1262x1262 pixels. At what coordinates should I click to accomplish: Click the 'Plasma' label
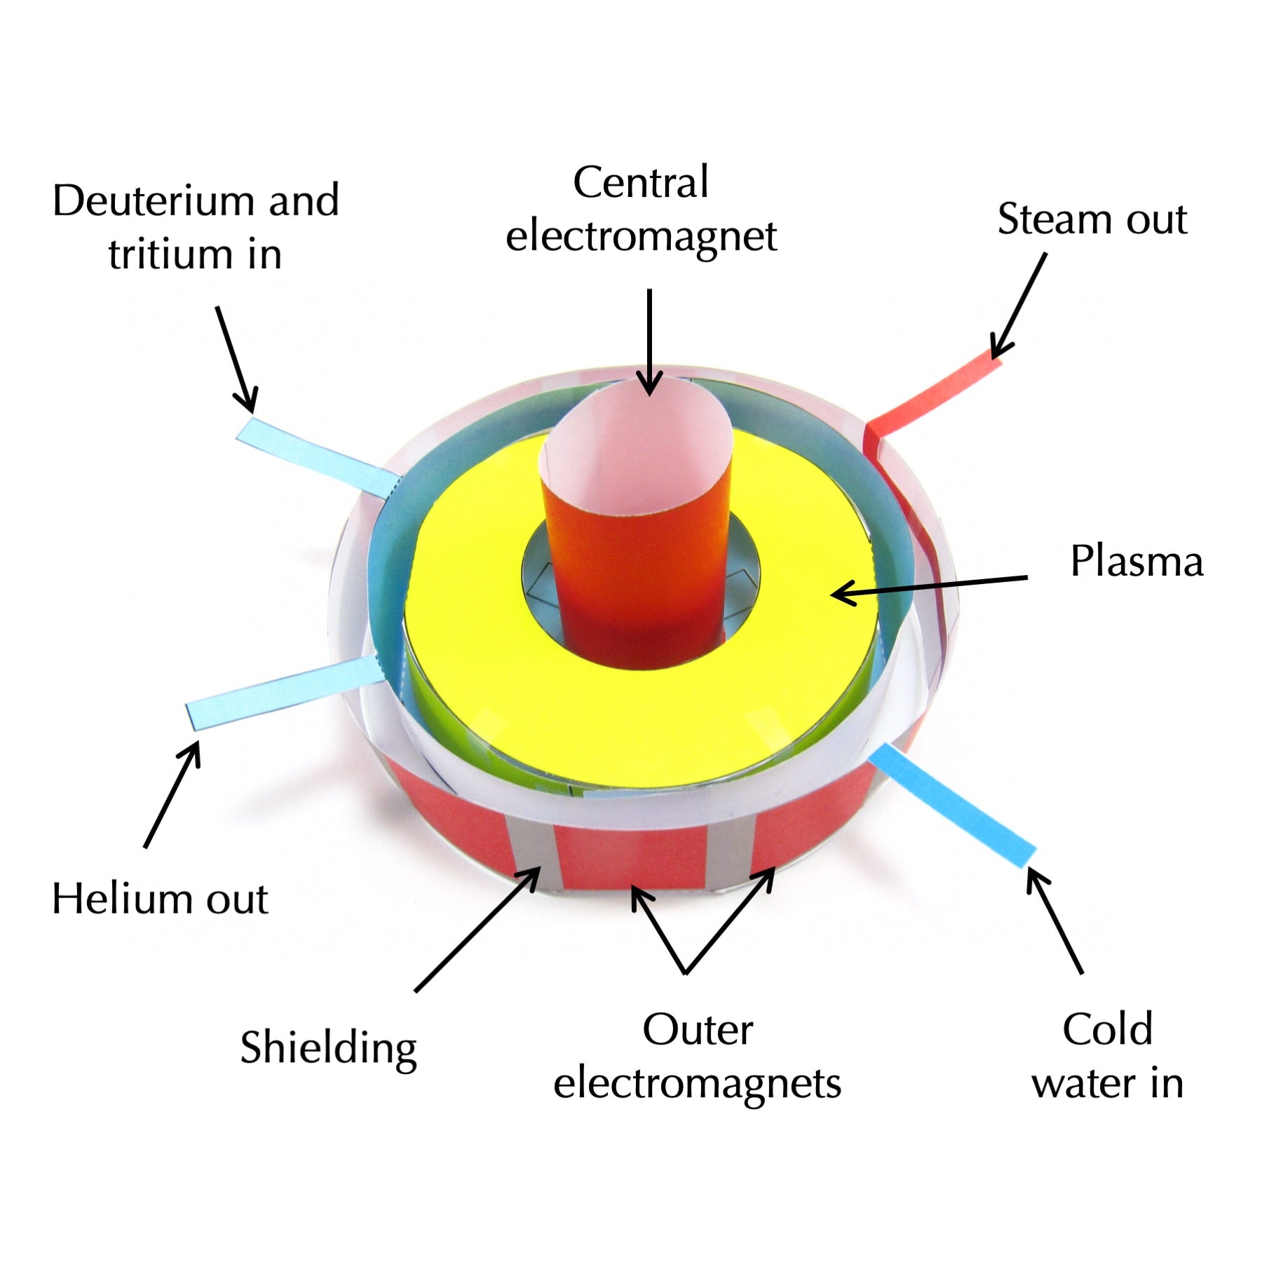[1136, 562]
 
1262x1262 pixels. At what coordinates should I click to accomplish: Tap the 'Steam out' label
[1092, 219]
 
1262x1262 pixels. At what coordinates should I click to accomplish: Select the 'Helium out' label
[160, 899]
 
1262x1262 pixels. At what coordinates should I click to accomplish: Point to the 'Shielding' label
[328, 1049]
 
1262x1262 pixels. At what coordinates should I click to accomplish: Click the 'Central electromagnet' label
[641, 209]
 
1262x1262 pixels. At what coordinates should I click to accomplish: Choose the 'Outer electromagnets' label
[697, 1057]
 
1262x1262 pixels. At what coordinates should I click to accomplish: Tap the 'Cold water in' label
[1107, 1057]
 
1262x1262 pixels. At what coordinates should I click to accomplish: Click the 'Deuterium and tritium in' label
[196, 226]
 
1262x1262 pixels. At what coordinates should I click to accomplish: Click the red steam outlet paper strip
[932, 396]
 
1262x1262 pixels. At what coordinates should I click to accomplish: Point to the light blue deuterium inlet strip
[315, 456]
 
